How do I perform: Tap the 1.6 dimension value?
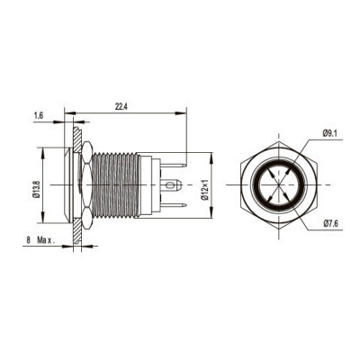tap(39, 116)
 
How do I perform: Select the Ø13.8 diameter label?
tap(37, 189)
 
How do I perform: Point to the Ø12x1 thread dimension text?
tap(205, 190)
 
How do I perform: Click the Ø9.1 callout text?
tap(330, 134)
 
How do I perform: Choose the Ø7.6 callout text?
tap(330, 223)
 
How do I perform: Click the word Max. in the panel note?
tap(46, 240)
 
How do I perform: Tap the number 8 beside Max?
tap(29, 240)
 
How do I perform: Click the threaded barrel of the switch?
tap(115, 184)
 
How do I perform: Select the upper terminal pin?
tap(174, 165)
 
